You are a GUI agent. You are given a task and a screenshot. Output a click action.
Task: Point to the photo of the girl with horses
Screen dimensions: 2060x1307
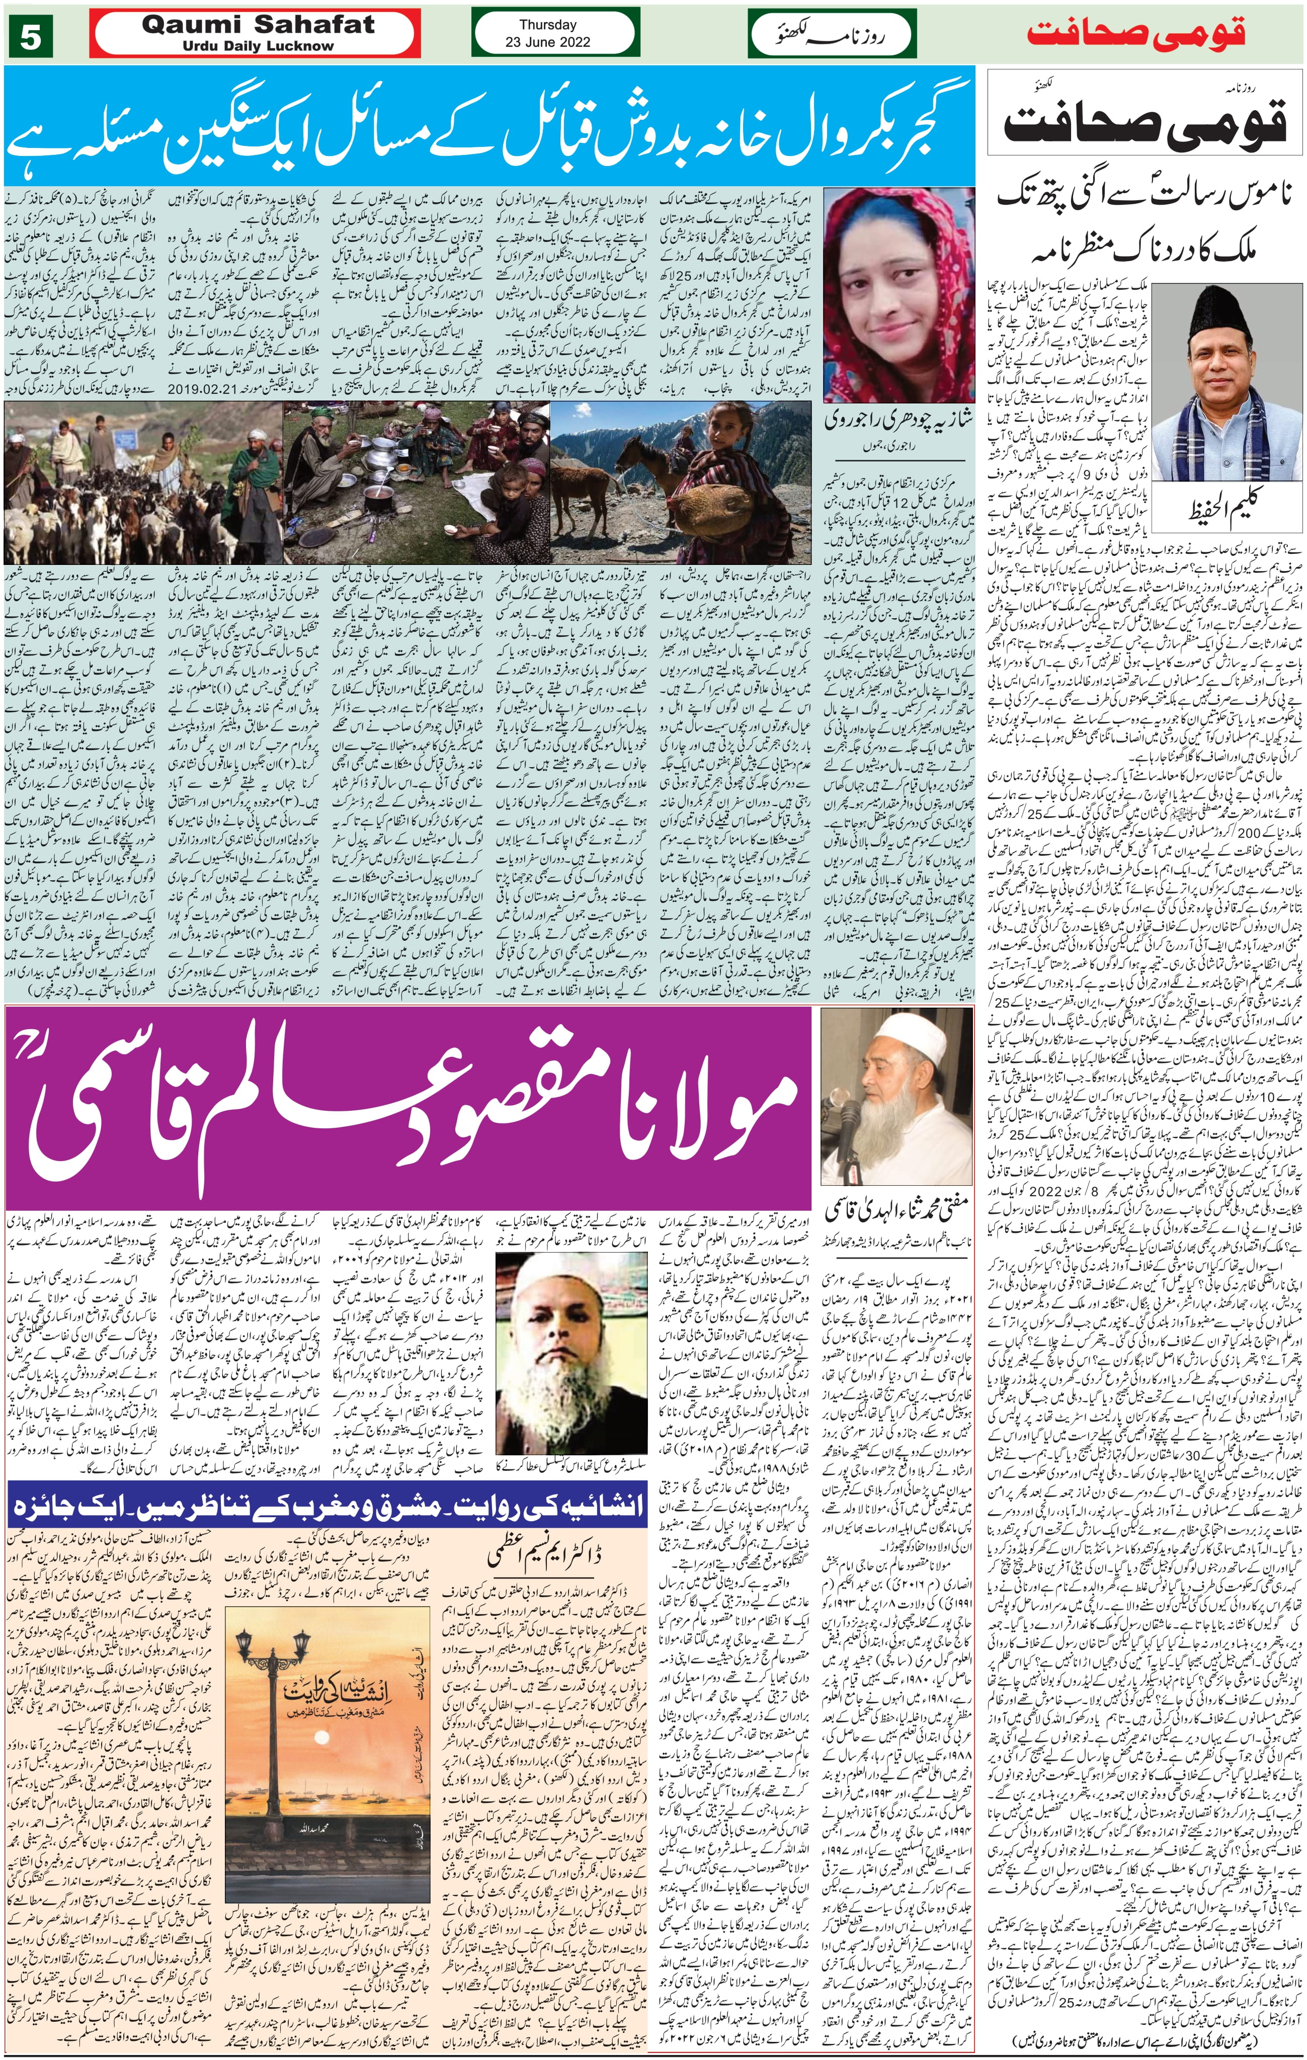(684, 483)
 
